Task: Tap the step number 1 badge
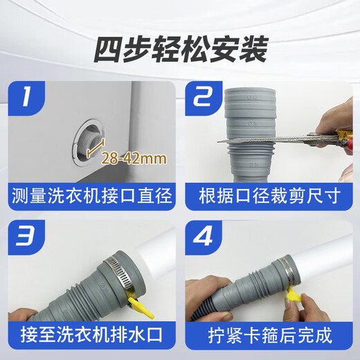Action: coord(26,97)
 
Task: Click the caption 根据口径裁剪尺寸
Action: coord(269,194)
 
